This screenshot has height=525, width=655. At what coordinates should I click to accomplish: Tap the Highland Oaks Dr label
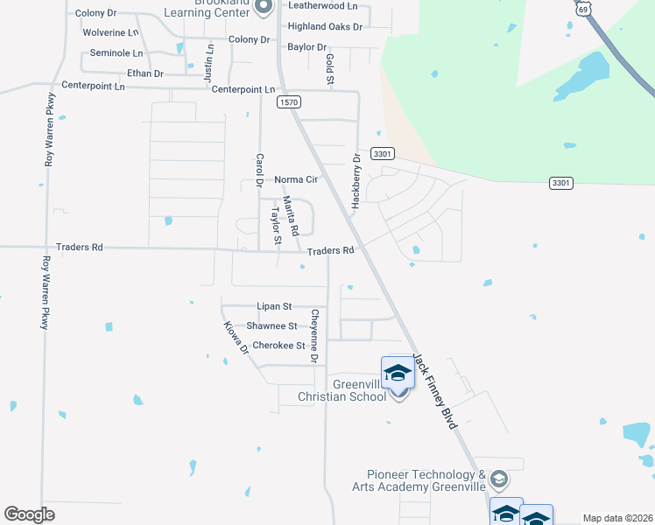click(x=325, y=27)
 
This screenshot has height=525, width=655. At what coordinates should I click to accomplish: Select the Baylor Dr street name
click(x=306, y=46)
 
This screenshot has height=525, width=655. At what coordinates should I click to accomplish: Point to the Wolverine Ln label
click(x=110, y=32)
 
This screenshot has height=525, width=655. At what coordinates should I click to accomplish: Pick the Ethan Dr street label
click(x=145, y=73)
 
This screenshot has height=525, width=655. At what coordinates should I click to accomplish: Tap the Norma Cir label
click(x=295, y=179)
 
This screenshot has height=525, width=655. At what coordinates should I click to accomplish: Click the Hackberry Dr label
click(x=356, y=181)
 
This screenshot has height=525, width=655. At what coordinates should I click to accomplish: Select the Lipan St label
click(x=274, y=307)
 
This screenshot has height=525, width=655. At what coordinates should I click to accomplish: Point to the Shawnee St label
click(x=271, y=326)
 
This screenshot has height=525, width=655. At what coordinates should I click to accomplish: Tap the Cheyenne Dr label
click(x=313, y=335)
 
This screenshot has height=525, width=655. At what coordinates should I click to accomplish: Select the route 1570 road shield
click(x=290, y=102)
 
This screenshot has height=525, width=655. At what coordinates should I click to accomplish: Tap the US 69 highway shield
click(x=583, y=8)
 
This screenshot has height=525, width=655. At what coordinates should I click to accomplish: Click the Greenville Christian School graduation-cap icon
click(x=398, y=373)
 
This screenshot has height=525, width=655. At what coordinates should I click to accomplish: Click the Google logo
click(x=30, y=514)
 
